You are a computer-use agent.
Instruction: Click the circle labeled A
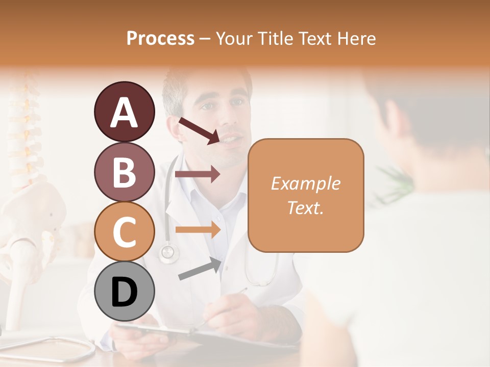tap(124, 112)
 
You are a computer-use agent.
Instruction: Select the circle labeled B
tap(124, 172)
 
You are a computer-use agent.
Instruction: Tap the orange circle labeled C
tap(124, 231)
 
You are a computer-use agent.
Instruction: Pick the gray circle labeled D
tap(124, 292)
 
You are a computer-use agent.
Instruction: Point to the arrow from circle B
tap(198, 174)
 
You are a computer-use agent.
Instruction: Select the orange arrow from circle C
tap(198, 229)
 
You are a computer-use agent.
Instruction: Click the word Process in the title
tap(160, 38)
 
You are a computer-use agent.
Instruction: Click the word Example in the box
tap(305, 183)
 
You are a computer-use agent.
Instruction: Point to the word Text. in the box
tap(305, 207)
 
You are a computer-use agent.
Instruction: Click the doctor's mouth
tap(232, 139)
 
